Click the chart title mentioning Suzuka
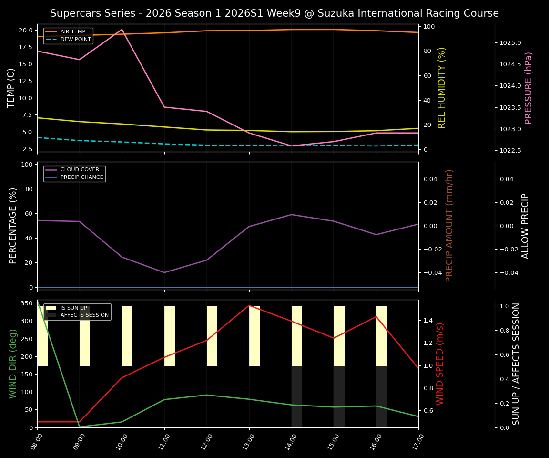(x=274, y=13)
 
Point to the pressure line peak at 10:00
(x=122, y=30)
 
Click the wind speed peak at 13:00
(x=249, y=305)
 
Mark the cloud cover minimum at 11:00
(x=164, y=272)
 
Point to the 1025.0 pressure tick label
(x=510, y=42)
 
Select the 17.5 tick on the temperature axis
(x=24, y=47)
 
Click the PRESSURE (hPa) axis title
(x=529, y=88)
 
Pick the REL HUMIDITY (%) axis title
(x=442, y=88)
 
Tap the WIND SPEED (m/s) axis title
(x=440, y=364)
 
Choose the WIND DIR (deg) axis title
(x=13, y=364)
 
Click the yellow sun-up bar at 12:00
(x=212, y=336)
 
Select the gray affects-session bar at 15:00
(x=339, y=397)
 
